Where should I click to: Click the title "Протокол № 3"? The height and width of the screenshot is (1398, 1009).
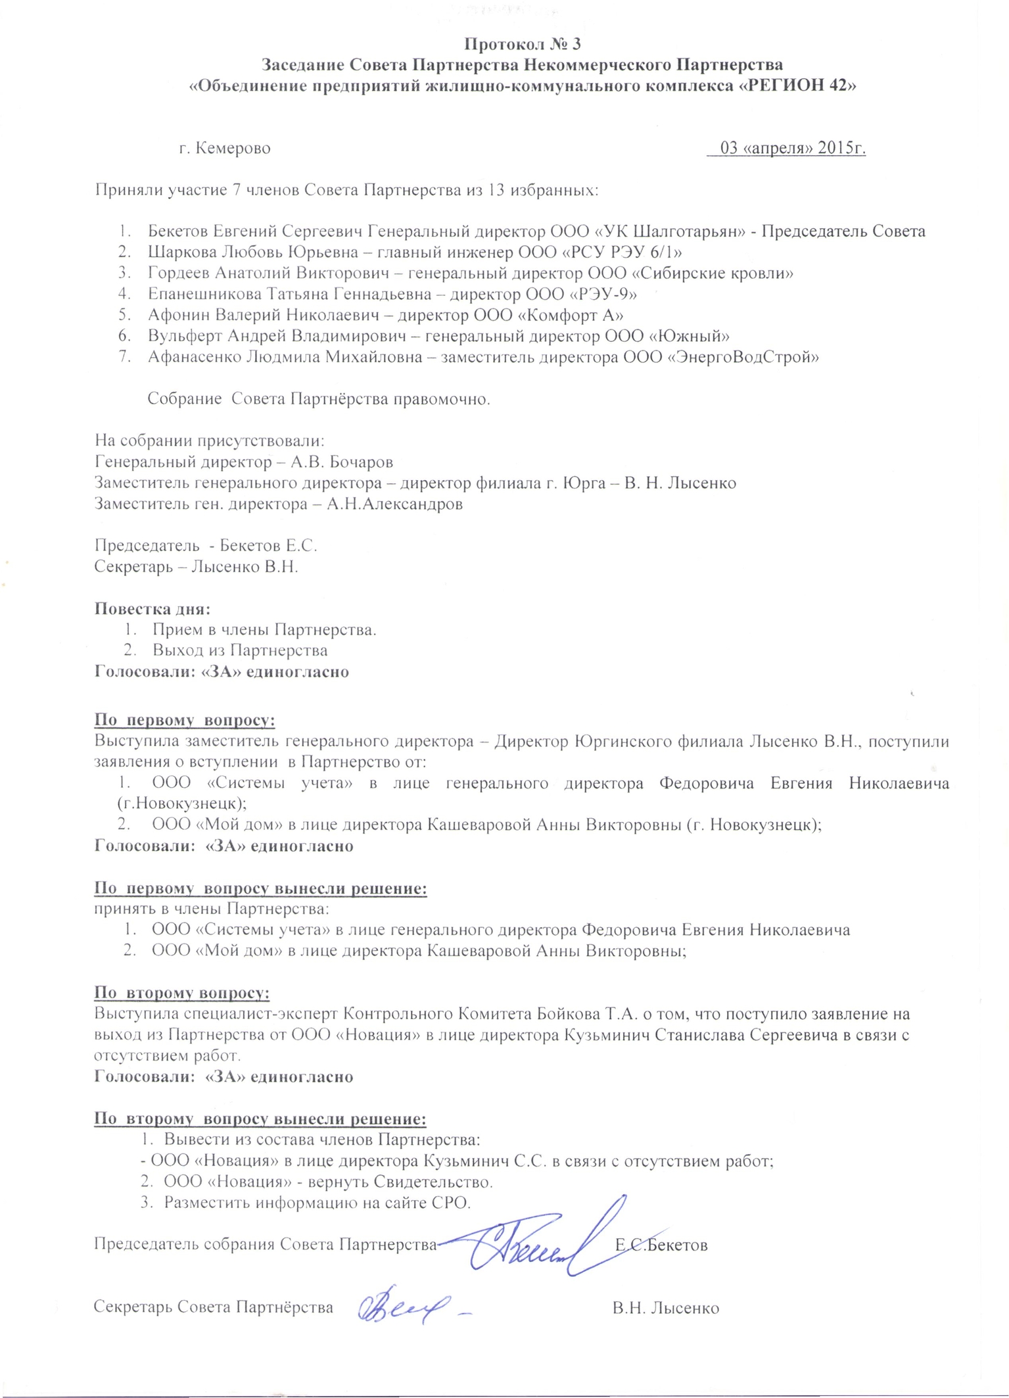coord(523,44)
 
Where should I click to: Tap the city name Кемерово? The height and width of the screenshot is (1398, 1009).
coord(233,149)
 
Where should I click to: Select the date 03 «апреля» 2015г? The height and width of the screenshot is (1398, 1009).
coord(793,148)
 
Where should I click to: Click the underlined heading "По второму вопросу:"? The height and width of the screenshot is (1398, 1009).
coord(182,993)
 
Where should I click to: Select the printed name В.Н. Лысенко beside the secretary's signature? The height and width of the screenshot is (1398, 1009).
coord(665,1308)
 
